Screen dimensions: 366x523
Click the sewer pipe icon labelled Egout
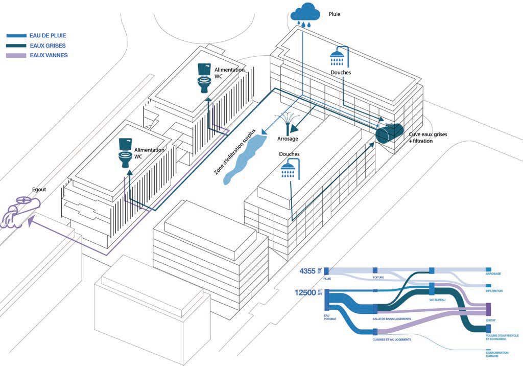point(20,210)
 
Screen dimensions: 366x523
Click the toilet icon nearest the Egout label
point(125,151)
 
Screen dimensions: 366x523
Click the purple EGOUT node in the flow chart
point(488,308)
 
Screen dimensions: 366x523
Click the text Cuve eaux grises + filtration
point(427,137)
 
